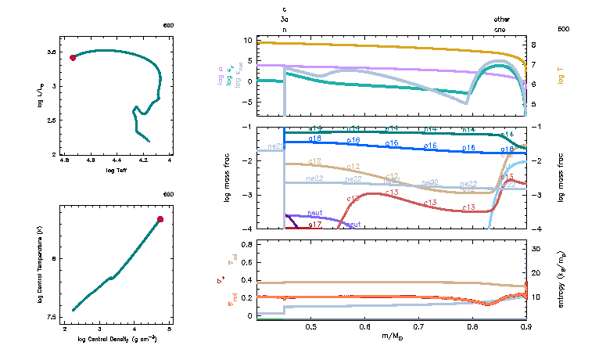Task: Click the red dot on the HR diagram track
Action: (x=73, y=57)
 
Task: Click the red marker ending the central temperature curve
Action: (x=160, y=220)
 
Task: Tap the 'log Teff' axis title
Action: (x=117, y=170)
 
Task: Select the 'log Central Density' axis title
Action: (x=117, y=339)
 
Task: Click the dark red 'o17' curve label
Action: (x=315, y=225)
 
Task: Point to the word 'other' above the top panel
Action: (x=501, y=19)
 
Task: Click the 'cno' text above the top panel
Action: (x=500, y=29)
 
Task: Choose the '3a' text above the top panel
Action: (x=285, y=19)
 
